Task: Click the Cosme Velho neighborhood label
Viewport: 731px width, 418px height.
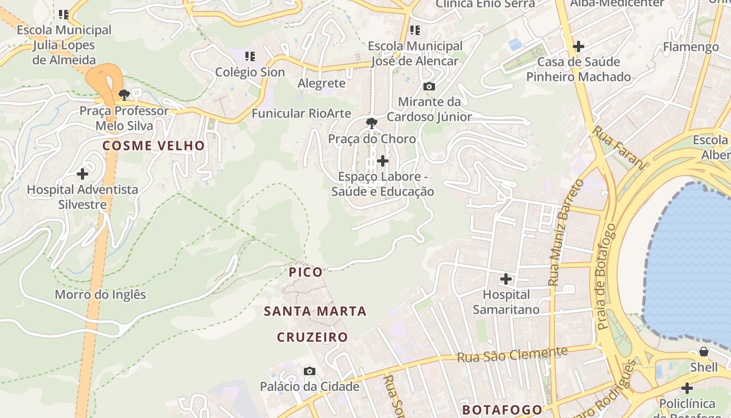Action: [154, 146]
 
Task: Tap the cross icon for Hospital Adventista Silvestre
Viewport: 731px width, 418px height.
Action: [82, 174]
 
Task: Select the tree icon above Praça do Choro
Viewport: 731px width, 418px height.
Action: [372, 123]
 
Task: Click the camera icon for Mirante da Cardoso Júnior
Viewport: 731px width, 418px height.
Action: [429, 86]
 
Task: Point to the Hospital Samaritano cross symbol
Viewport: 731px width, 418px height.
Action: [506, 279]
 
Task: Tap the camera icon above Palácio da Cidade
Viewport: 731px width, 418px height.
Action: [310, 371]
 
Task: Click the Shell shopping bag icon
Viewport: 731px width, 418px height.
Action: [704, 352]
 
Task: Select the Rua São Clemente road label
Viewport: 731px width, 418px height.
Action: [512, 354]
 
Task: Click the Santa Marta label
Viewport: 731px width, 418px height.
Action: [315, 311]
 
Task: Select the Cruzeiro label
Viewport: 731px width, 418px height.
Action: [312, 337]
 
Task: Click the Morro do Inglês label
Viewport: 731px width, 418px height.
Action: [100, 295]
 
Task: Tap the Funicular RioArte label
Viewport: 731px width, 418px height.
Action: [301, 113]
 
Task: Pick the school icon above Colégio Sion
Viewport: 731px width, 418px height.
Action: [250, 56]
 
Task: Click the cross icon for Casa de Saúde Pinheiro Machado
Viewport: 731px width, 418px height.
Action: [578, 47]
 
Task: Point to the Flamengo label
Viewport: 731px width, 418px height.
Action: [691, 47]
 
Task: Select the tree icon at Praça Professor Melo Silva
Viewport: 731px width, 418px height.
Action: [124, 95]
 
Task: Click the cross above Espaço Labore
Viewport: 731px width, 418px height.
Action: [383, 161]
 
